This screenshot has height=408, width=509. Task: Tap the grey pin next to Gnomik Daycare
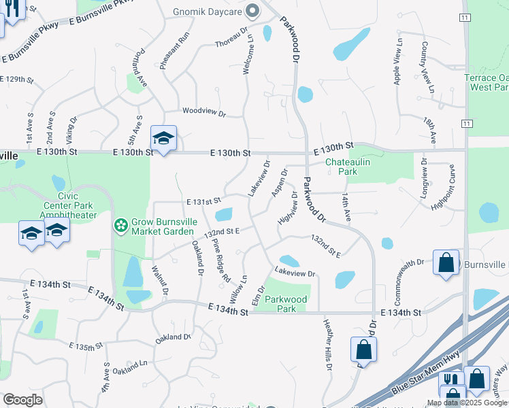[253, 10]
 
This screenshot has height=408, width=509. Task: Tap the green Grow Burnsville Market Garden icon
[120, 224]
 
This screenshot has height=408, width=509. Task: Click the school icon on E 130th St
[163, 139]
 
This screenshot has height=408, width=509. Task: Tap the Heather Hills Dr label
[328, 345]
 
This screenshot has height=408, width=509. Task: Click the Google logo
[22, 400]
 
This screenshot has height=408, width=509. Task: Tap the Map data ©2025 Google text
[467, 403]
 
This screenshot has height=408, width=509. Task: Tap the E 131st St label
[204, 201]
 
